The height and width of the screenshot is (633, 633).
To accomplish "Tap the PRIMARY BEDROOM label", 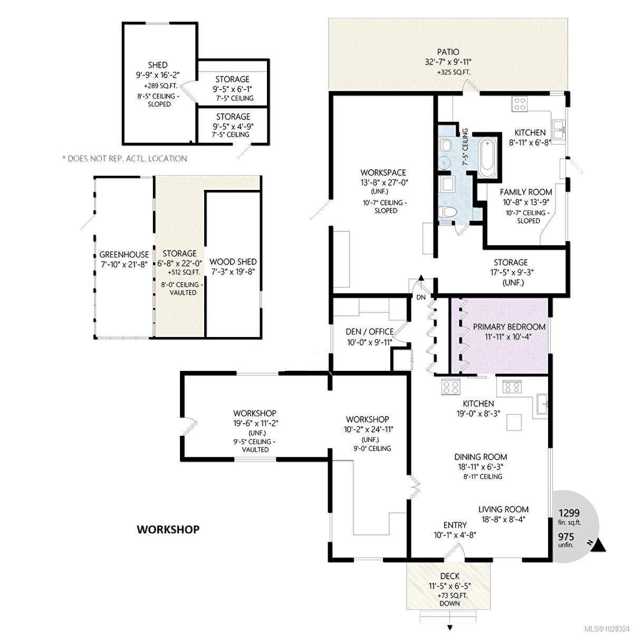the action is (x=509, y=327).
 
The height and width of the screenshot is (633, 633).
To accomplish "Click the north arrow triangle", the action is (x=599, y=545).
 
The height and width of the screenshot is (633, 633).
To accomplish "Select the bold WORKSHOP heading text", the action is (x=168, y=529).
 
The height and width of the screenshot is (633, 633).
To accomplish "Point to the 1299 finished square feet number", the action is (x=569, y=513).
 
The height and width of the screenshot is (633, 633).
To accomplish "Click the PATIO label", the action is (x=448, y=52).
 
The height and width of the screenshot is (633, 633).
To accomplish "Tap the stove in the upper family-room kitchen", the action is (x=520, y=104).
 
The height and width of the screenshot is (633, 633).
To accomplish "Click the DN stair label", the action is (x=421, y=298).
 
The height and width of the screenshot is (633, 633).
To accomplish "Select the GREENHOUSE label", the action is (x=124, y=255).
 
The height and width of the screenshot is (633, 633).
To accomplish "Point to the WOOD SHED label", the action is (x=233, y=262).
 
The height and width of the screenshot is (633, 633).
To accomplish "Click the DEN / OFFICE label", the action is (x=370, y=331).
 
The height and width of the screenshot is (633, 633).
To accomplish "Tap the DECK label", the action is (x=450, y=585).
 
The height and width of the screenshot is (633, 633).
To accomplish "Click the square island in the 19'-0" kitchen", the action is (x=514, y=422).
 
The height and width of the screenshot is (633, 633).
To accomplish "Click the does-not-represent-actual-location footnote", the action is (x=124, y=159).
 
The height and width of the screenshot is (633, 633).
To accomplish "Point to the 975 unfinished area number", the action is (x=566, y=537).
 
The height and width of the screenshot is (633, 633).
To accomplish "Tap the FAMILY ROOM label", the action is (x=525, y=192).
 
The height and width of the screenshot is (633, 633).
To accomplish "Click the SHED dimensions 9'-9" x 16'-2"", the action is (x=158, y=75).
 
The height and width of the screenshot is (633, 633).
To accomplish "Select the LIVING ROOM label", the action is (x=503, y=510).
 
